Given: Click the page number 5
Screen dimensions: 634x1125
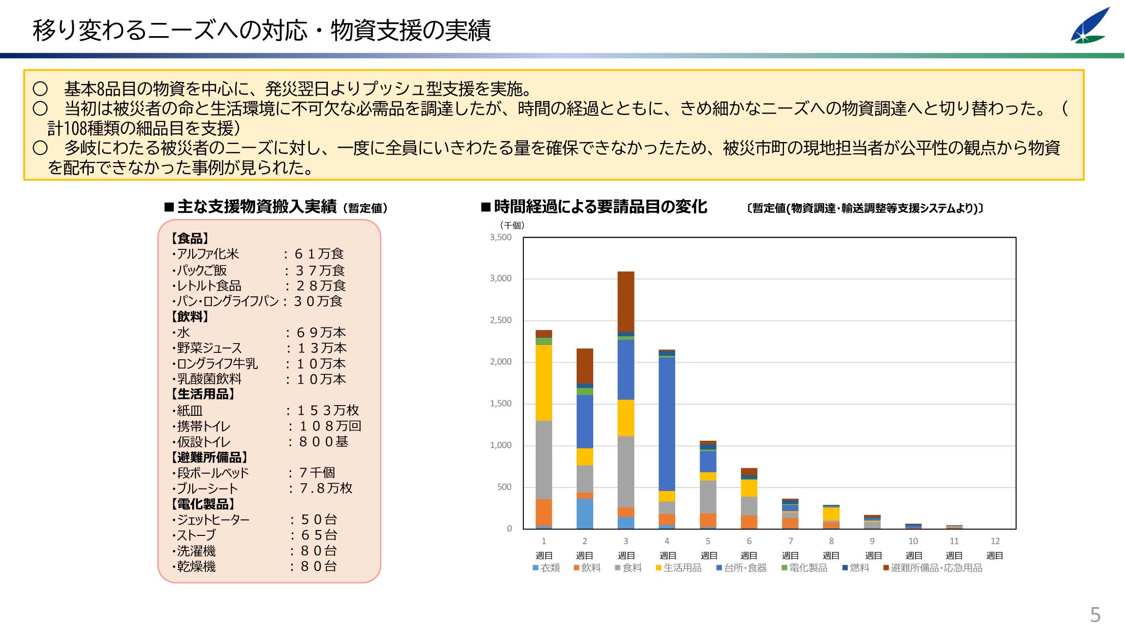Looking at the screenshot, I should pos(1095,614).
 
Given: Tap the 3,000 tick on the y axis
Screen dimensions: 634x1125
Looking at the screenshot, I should pos(501,279).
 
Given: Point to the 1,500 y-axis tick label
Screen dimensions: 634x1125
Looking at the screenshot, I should pos(501,404).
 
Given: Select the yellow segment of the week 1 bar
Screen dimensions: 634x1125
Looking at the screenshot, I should pos(543,383).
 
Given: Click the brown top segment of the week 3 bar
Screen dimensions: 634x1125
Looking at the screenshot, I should pos(626,302).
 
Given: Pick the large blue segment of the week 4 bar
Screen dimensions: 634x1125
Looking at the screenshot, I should pos(667,424).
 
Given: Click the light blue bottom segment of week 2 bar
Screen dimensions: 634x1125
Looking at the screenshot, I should pos(584,513).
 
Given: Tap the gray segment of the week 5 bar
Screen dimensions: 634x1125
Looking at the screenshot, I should pos(708,497).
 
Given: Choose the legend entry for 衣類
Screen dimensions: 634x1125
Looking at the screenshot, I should pos(546,568).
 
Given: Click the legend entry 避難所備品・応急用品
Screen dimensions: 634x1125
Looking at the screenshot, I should pos(932,568).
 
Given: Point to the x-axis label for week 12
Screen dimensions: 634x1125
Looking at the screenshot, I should pos(995,548).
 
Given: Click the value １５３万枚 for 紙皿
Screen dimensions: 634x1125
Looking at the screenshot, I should pos(328,410).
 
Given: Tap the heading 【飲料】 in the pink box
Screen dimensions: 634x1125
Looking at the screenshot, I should pos(190,317).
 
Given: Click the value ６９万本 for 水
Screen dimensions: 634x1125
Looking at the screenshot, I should pos(321,333).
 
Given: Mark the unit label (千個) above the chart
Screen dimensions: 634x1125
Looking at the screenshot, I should pos(512,225).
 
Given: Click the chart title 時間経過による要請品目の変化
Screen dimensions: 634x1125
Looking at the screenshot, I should pos(600,207).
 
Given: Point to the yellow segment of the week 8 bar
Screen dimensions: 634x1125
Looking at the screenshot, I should pos(831,514).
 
